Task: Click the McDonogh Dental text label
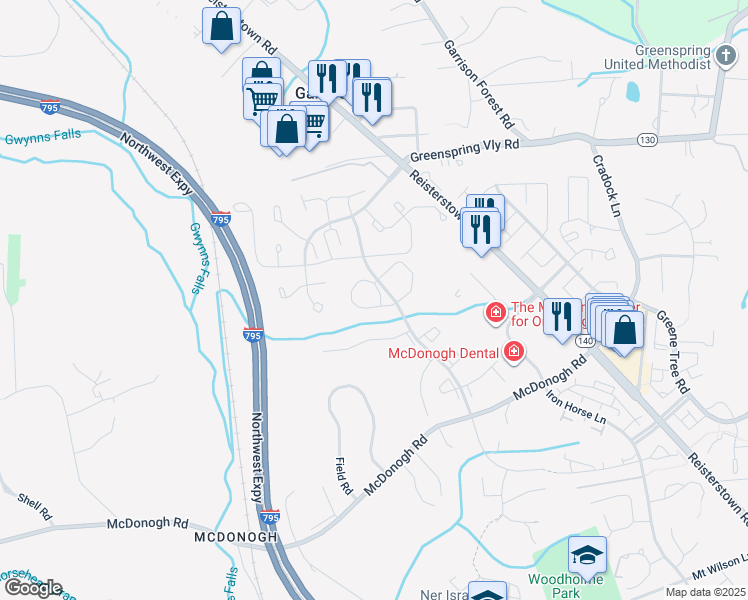click(x=444, y=352)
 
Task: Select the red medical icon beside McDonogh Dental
click(x=513, y=351)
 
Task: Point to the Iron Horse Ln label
click(x=575, y=406)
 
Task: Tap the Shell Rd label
click(x=34, y=505)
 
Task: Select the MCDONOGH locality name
click(x=234, y=538)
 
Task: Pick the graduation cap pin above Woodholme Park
click(x=587, y=554)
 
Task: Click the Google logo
click(x=33, y=588)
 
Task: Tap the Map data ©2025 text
click(x=705, y=592)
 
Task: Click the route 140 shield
click(x=586, y=341)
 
